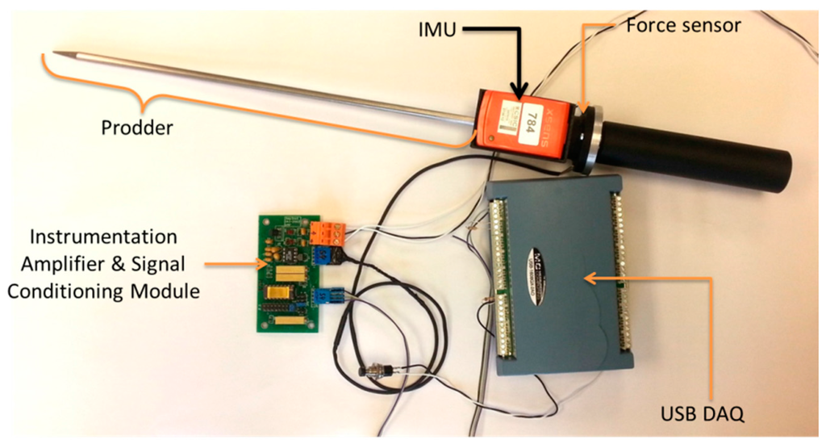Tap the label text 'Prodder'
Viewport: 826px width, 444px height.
tap(136, 127)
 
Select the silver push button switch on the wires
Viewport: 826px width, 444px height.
tap(373, 373)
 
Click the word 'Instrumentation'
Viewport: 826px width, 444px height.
tap(102, 237)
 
